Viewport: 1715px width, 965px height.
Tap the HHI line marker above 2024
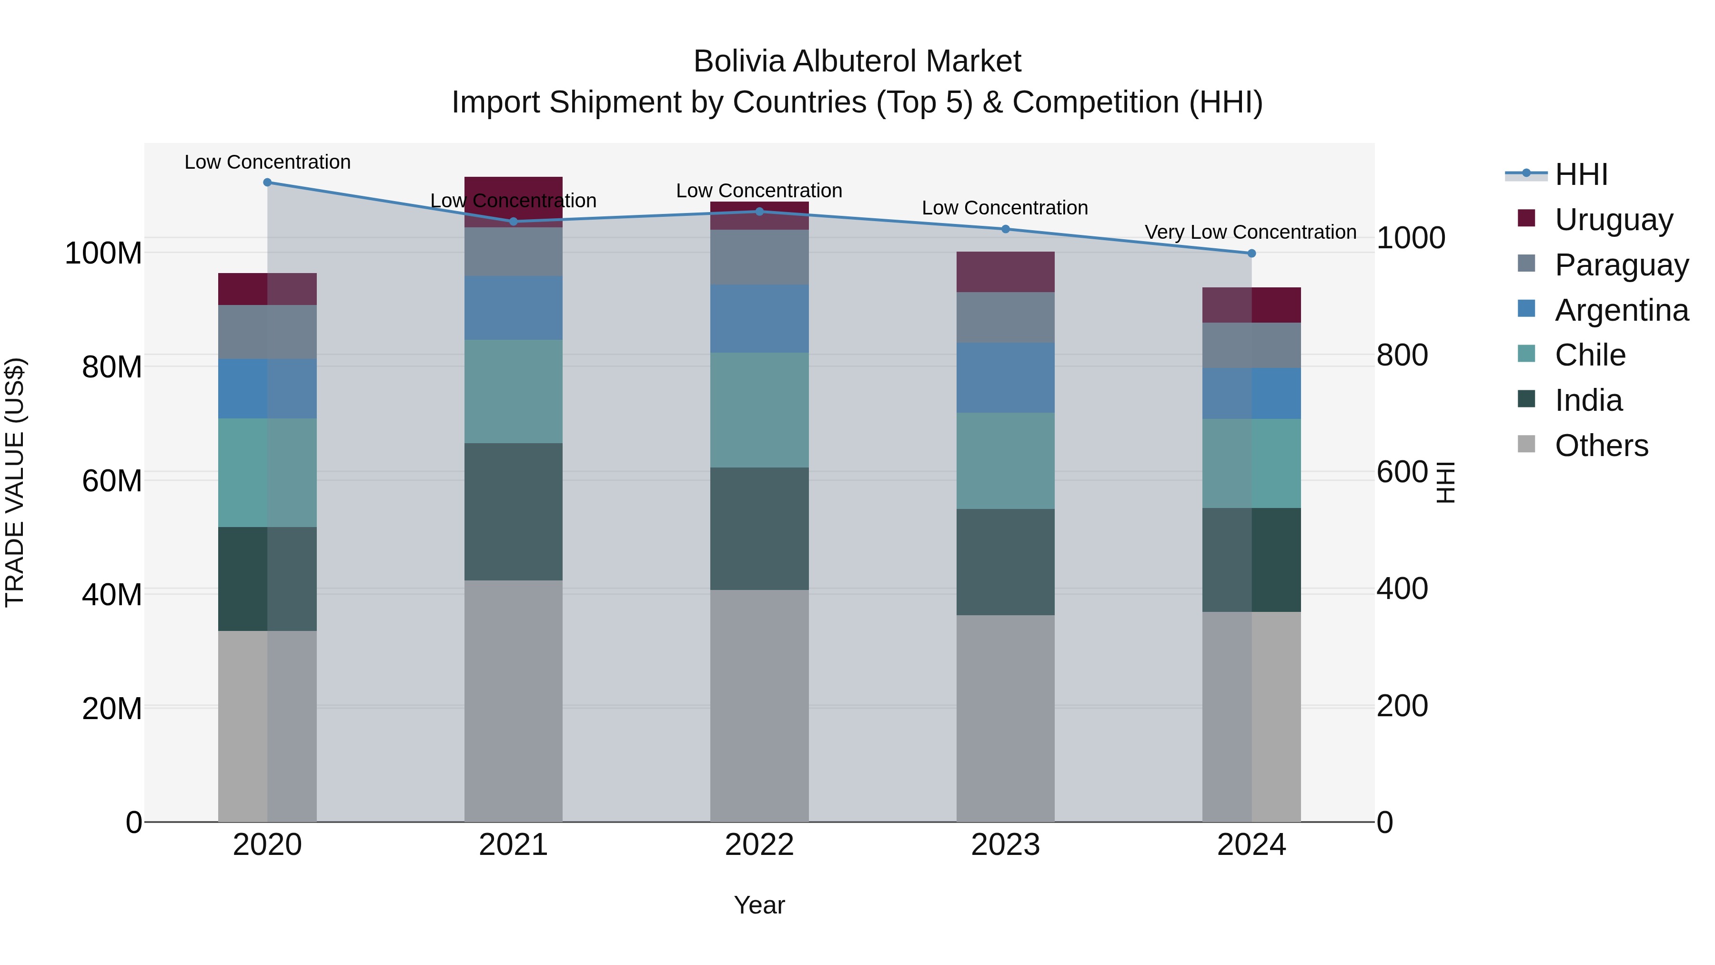point(1251,253)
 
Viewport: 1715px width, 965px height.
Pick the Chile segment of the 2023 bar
point(1005,460)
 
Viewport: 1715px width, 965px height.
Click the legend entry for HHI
point(1581,174)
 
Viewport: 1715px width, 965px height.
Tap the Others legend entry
point(1601,445)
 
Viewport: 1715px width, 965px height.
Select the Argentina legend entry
point(1621,310)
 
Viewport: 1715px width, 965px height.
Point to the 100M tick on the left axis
point(103,253)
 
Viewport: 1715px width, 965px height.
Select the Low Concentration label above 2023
point(1005,208)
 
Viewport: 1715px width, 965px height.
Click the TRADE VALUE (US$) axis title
point(15,482)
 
